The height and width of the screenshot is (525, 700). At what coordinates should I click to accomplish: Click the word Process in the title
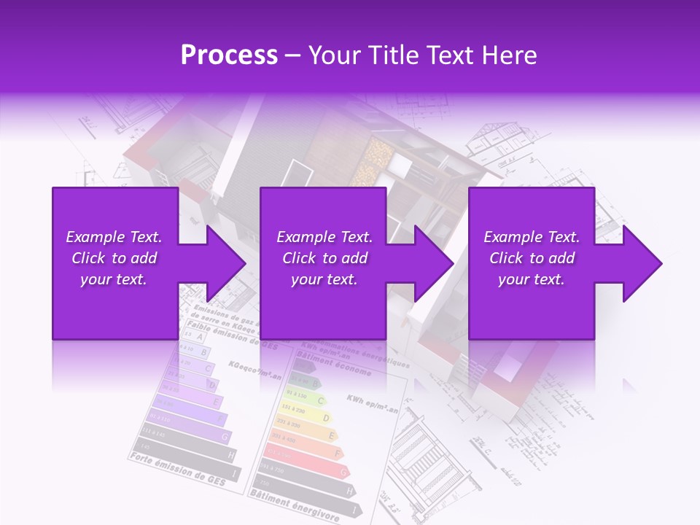[229, 55]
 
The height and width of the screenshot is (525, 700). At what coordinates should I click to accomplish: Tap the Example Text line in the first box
[114, 237]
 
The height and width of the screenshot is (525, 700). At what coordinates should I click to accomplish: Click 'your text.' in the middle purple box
[324, 279]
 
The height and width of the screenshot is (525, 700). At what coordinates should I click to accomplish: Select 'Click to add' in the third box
[532, 258]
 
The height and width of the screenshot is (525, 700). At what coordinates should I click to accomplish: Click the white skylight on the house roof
[297, 173]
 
